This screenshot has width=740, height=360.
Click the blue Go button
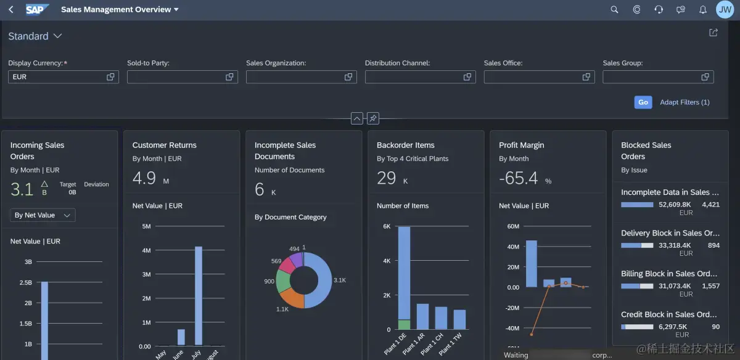643,102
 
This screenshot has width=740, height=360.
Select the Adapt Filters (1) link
684,102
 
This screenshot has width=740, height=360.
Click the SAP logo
38,9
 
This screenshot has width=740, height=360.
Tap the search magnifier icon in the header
614,10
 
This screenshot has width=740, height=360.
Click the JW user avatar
725,9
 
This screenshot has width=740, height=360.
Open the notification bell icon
702,10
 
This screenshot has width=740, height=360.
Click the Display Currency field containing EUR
59,77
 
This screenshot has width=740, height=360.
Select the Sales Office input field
533,77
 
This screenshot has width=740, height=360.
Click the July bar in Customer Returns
199,296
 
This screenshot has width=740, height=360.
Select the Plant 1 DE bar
404,277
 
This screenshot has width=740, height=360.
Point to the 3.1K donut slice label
340,280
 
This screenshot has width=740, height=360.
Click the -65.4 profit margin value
518,179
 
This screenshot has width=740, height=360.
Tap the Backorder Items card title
406,145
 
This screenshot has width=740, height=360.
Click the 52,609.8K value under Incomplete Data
675,205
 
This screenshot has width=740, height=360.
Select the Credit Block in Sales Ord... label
669,314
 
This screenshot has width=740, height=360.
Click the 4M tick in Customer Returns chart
146,250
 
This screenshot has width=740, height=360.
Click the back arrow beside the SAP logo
11,9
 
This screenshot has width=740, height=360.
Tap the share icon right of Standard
713,33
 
